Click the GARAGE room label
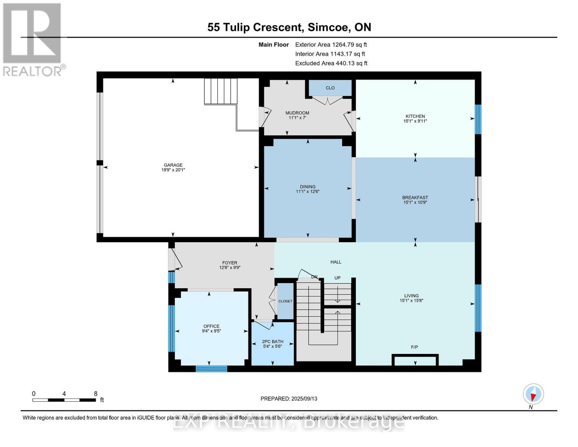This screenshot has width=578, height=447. [173, 165]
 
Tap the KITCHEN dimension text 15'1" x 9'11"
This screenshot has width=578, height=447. [415, 121]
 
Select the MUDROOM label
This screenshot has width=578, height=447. [297, 113]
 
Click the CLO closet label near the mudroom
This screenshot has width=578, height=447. [330, 88]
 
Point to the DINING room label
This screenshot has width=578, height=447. [307, 187]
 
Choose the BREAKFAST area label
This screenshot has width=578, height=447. [415, 197]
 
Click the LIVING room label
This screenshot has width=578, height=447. [411, 296]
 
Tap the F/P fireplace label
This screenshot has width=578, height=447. [414, 347]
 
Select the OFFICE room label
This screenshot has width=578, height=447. [211, 326]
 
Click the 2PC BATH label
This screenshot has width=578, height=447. [272, 342]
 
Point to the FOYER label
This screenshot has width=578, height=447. [230, 263]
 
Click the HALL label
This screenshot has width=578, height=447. [336, 262]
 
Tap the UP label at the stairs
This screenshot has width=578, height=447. [337, 278]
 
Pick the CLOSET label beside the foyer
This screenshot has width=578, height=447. [285, 301]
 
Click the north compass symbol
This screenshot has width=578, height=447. [533, 394]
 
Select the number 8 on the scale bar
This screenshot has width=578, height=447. [96, 394]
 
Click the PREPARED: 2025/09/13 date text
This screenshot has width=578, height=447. [289, 399]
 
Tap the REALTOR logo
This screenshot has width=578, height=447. [32, 39]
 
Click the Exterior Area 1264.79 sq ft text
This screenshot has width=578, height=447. [331, 45]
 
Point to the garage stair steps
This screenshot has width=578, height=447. [221, 91]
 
